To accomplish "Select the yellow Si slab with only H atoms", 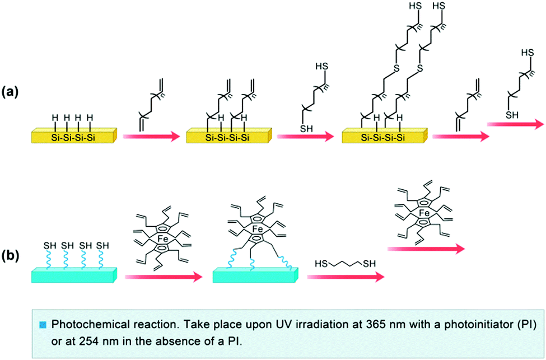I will (73, 135).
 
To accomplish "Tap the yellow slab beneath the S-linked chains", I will (384, 135).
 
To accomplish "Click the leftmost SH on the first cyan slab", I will (49, 245).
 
